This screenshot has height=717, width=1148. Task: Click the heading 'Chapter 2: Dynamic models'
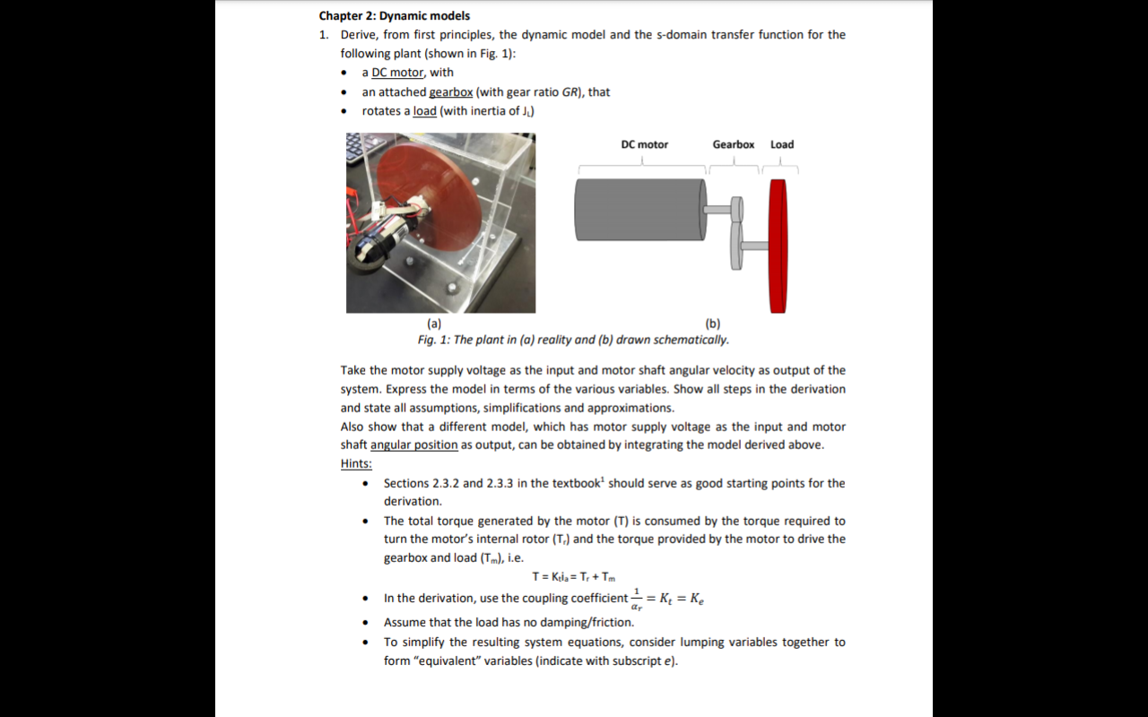click(394, 15)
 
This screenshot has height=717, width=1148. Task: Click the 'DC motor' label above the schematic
click(644, 144)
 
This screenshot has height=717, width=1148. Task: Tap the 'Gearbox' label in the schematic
click(733, 144)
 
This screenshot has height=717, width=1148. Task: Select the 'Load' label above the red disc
click(781, 144)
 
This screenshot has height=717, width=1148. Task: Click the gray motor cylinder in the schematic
click(639, 209)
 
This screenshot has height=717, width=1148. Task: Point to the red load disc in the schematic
click(778, 246)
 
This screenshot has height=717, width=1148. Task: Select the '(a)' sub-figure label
click(433, 323)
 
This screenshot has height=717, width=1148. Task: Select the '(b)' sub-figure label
click(713, 323)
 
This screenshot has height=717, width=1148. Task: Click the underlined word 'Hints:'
click(356, 463)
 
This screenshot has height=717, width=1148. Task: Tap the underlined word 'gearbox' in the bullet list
click(450, 91)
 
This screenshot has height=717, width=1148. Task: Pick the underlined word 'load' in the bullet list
click(424, 111)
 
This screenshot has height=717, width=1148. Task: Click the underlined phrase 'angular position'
click(413, 445)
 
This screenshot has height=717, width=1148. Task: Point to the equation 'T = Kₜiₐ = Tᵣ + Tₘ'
click(574, 576)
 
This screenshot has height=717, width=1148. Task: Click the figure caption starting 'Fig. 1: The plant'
click(573, 340)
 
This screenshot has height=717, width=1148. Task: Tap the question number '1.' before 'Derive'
click(324, 35)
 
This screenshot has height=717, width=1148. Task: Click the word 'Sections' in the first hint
click(406, 483)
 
